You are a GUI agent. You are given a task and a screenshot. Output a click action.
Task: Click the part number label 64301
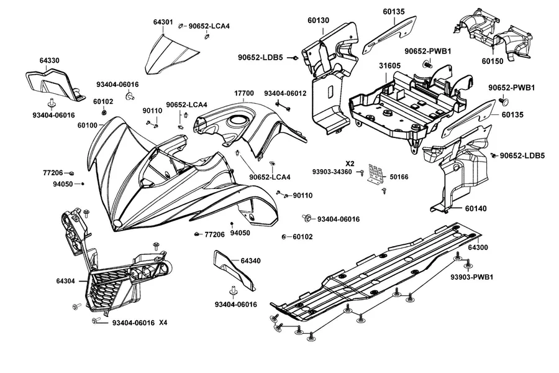(x=163, y=22)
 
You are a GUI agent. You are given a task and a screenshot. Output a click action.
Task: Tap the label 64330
(x=49, y=61)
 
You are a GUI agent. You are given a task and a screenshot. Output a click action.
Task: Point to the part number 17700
(x=244, y=93)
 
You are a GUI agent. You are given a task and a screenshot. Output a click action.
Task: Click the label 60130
(x=319, y=21)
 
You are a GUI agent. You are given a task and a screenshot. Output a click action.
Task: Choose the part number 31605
(x=389, y=66)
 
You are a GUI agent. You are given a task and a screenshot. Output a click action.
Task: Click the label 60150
(x=493, y=62)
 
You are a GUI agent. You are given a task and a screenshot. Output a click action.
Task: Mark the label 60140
(x=476, y=208)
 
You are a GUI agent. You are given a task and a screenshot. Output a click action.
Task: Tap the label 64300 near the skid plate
(x=478, y=247)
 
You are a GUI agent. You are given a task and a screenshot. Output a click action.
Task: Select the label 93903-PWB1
(x=471, y=277)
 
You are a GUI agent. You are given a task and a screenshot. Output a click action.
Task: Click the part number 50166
(x=399, y=177)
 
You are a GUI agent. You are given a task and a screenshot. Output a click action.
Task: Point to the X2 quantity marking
(x=350, y=164)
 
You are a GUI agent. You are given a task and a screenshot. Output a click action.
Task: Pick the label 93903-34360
(x=332, y=172)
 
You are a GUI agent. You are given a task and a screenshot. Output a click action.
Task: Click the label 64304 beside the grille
(x=66, y=281)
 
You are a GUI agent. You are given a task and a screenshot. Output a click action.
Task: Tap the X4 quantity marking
(x=163, y=323)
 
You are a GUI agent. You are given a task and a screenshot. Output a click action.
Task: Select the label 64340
(x=250, y=261)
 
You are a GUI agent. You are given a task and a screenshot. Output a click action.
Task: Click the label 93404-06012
(x=285, y=93)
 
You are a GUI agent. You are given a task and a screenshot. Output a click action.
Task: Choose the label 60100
(x=88, y=126)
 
